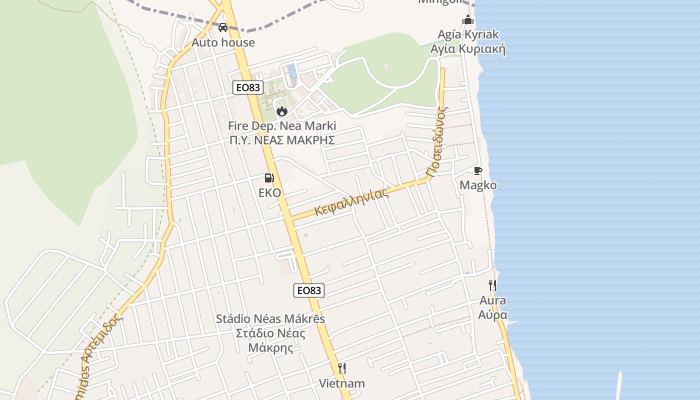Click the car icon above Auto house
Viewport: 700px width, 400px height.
[x=223, y=27]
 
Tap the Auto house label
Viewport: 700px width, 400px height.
[x=223, y=42]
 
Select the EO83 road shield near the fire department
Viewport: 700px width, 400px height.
[x=248, y=87]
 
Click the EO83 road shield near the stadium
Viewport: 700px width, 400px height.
[x=308, y=290]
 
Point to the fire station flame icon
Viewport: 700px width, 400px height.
[x=281, y=111]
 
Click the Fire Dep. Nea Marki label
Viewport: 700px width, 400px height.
[x=282, y=126]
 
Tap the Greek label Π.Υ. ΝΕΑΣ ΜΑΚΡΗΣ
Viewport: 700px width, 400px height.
[x=282, y=140]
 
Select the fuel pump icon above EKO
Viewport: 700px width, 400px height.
[x=269, y=177]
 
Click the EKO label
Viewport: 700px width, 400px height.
[x=269, y=192]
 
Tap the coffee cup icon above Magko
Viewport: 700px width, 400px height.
[x=478, y=170]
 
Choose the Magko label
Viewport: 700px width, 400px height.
[x=478, y=185]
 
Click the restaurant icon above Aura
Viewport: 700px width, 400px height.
[x=492, y=285]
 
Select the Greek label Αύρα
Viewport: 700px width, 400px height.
[x=492, y=315]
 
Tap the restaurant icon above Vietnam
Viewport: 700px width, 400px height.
[x=342, y=368]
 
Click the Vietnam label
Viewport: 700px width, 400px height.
[x=342, y=383]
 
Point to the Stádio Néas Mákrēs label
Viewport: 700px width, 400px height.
[x=270, y=319]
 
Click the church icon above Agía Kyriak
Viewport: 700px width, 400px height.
[x=468, y=20]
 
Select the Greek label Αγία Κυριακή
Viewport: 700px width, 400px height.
[x=468, y=49]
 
